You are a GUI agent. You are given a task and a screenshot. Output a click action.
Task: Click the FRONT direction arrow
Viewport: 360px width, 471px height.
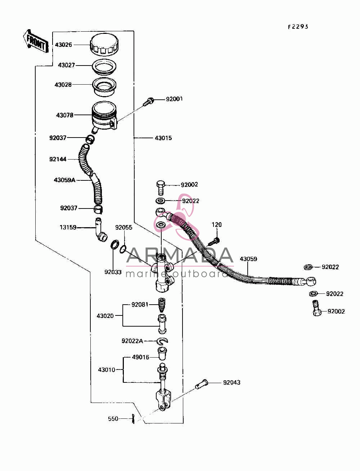pyautogui.click(x=35, y=42)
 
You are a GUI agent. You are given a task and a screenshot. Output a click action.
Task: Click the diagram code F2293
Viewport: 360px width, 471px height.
pyautogui.click(x=298, y=27)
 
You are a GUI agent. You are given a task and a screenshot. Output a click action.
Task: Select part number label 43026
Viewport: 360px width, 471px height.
pyautogui.click(x=63, y=45)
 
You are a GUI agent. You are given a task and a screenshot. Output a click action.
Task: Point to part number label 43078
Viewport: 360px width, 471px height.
pyautogui.click(x=64, y=115)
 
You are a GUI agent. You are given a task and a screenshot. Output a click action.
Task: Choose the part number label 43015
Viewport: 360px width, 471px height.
pyautogui.click(x=163, y=138)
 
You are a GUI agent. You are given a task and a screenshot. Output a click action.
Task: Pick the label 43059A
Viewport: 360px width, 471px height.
pyautogui.click(x=64, y=180)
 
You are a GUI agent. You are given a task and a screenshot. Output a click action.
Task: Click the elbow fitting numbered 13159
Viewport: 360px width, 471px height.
pyautogui.click(x=100, y=230)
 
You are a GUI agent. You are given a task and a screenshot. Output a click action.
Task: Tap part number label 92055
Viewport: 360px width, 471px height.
pyautogui.click(x=123, y=228)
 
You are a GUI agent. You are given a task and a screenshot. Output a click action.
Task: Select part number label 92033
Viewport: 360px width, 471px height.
pyautogui.click(x=113, y=272)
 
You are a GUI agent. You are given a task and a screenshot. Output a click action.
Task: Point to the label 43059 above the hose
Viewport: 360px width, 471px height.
pyautogui.click(x=248, y=259)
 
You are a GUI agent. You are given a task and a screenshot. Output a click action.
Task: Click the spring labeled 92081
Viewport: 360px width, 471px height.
pyautogui.click(x=162, y=305)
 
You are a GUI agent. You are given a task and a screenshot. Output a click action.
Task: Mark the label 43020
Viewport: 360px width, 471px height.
pyautogui.click(x=105, y=316)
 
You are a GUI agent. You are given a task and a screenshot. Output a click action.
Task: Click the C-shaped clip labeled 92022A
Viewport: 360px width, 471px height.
pyautogui.click(x=162, y=341)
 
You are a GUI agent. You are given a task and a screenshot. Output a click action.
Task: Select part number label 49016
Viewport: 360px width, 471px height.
pyautogui.click(x=140, y=357)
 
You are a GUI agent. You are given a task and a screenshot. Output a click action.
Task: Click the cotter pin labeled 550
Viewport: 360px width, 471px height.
pyautogui.click(x=133, y=419)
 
